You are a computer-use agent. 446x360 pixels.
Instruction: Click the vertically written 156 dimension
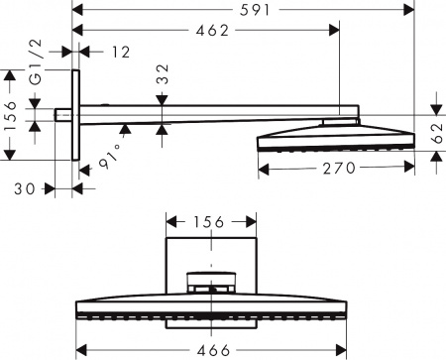12,114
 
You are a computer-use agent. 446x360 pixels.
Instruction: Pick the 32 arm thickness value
164,75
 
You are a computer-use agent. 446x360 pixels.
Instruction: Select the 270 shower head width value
336,168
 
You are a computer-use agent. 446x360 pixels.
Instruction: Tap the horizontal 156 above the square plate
209,222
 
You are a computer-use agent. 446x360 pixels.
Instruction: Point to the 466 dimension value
209,350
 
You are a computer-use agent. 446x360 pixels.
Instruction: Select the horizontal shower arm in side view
208,112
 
